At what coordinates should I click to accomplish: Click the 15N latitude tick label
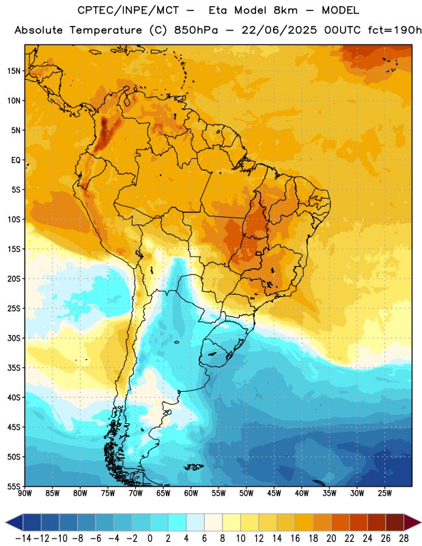[14, 71]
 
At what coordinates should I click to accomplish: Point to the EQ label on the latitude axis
[16, 160]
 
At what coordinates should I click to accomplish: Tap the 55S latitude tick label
[14, 486]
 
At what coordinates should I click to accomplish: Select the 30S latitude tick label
[14, 338]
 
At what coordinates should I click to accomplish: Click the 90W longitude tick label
[25, 493]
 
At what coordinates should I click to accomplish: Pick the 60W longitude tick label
[191, 493]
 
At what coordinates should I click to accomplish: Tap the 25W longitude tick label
[384, 493]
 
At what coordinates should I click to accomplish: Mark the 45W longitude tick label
[274, 493]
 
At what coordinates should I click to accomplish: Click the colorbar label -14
[23, 538]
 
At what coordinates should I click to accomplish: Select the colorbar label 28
[404, 538]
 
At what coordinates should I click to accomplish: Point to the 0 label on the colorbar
[150, 538]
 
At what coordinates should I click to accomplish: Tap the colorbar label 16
[295, 538]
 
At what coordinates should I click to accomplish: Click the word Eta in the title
[218, 10]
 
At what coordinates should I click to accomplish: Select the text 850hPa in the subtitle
[196, 30]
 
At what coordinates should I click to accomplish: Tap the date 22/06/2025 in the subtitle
[279, 30]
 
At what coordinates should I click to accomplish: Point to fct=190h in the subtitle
[395, 30]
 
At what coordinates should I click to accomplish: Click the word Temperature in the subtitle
[106, 30]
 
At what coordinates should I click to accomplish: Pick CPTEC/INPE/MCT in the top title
[128, 10]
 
